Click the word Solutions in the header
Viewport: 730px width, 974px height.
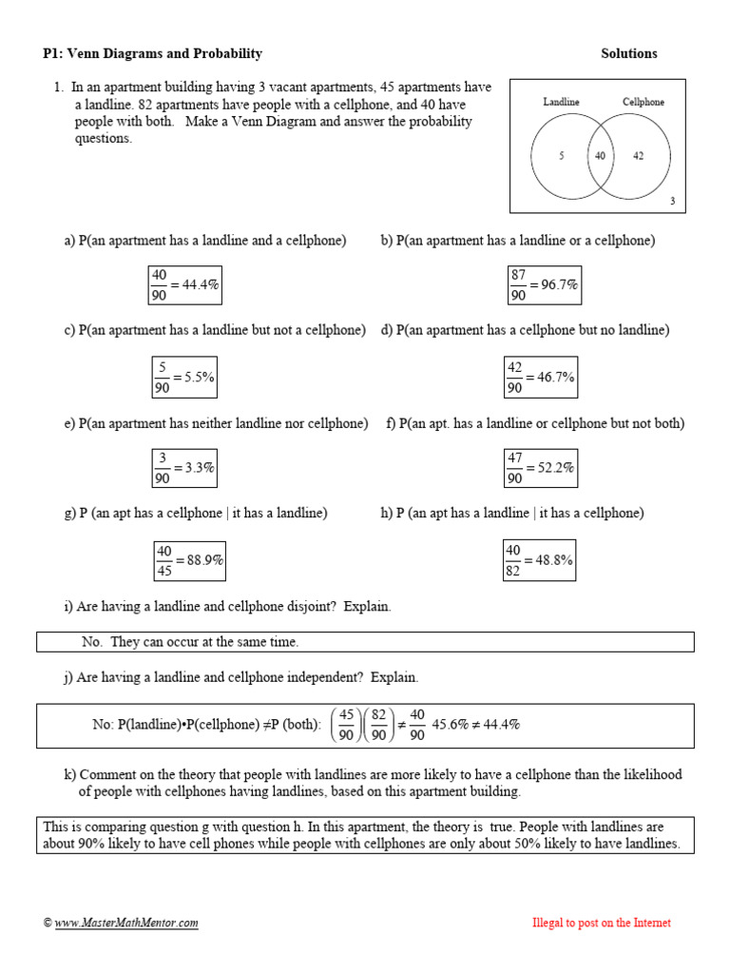(628, 53)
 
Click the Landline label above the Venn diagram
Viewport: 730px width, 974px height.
(561, 102)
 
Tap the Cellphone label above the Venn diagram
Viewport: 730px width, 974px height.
(644, 102)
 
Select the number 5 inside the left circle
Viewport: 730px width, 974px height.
(562, 156)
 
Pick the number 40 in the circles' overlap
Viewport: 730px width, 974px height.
(600, 156)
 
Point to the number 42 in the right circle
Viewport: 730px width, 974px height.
(638, 156)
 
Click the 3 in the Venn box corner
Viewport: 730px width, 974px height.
(672, 201)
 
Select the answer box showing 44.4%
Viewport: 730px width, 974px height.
(185, 285)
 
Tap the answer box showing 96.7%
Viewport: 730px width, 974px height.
(544, 285)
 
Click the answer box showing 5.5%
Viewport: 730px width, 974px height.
(185, 377)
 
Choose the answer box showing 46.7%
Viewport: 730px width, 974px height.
(541, 377)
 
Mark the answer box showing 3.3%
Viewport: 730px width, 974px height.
(185, 468)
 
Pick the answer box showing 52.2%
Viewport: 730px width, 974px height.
(541, 468)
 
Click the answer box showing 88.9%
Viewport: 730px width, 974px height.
(189, 560)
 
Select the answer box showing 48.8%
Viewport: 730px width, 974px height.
(539, 560)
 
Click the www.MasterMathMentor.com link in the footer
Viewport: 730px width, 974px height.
(126, 923)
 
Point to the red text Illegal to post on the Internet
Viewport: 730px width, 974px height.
(601, 923)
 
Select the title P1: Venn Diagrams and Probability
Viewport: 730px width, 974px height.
(153, 53)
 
